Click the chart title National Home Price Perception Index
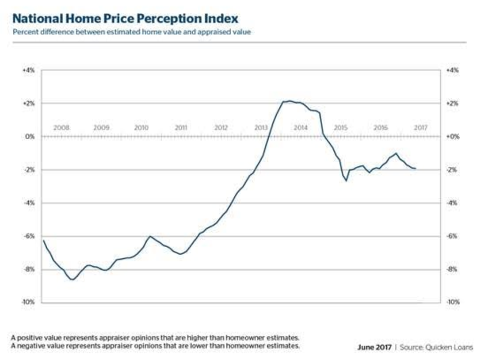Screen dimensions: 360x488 click(x=125, y=19)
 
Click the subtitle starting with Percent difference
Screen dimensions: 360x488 click(x=132, y=32)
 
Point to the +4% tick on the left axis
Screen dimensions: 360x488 click(x=28, y=70)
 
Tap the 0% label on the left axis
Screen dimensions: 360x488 click(x=30, y=137)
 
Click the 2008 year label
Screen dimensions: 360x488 click(x=61, y=128)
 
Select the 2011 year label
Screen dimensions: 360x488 click(x=181, y=128)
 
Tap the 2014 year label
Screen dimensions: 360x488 click(x=301, y=128)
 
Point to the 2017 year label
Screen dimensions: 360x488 click(x=420, y=128)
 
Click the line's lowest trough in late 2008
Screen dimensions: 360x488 click(x=72, y=280)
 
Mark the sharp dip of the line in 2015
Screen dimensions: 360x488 click(x=346, y=180)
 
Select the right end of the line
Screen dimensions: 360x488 click(x=415, y=169)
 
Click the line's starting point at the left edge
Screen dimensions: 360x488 click(x=43, y=240)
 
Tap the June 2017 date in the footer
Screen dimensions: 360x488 click(x=374, y=348)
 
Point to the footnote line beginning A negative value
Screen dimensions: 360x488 click(x=155, y=345)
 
